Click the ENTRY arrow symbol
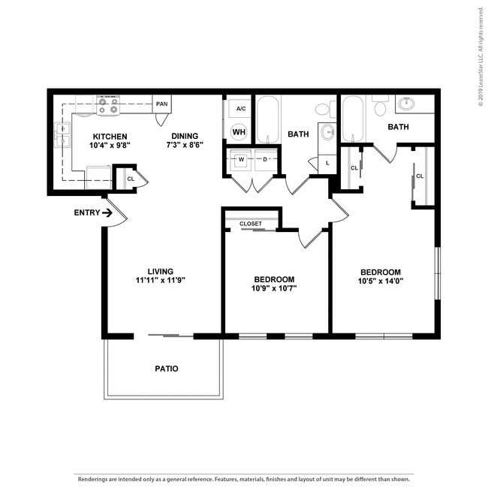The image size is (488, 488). pos(107,213)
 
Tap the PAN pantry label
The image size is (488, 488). pos(162,104)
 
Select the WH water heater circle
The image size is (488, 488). pos(239,132)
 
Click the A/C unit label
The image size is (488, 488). pos(241,109)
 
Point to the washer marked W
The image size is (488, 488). pos(241,160)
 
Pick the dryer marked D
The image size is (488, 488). pos(266,160)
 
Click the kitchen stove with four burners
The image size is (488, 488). pos(108,105)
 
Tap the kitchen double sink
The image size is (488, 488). pos(62,134)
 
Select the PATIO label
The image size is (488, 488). pos(167,369)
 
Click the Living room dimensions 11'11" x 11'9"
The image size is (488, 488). pos(161,280)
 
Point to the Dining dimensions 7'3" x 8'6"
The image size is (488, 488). pos(185,145)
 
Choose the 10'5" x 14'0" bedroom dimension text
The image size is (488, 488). pos(381,281)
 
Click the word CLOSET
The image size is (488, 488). pos(251,224)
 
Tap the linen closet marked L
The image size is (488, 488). pos(327,164)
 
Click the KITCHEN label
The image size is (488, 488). pos(110,137)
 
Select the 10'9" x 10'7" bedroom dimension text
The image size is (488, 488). pos(274,288)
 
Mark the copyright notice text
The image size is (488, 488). pos(480,56)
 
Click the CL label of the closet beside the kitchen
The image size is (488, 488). pos(131,179)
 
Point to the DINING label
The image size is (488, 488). pos(185,136)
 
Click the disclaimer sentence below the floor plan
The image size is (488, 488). pos(244,479)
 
